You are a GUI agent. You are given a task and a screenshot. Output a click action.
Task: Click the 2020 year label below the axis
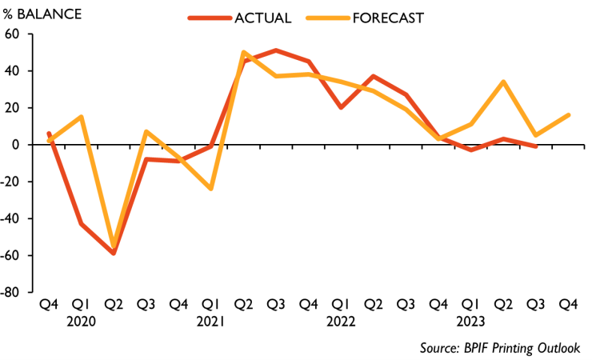click(81, 322)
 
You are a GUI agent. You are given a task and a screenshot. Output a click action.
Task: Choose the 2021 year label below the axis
click(210, 322)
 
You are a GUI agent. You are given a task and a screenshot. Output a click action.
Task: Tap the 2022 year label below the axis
click(341, 322)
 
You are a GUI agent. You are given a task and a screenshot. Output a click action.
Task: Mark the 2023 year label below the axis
click(470, 322)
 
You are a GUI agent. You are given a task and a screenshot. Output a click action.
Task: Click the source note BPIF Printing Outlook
click(499, 347)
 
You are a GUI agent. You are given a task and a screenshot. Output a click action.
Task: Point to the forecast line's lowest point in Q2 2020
click(114, 242)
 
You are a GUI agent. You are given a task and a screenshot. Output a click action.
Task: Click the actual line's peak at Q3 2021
click(276, 50)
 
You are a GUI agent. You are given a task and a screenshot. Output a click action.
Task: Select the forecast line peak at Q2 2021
click(243, 53)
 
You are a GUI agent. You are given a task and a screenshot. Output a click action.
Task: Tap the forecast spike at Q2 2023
click(503, 82)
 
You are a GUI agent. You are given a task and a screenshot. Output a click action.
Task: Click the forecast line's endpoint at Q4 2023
click(569, 115)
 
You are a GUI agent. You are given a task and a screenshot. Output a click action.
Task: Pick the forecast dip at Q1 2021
click(211, 189)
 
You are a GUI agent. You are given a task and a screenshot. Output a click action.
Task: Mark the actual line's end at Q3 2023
click(536, 146)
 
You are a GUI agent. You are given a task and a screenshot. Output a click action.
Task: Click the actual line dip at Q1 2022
click(341, 107)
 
